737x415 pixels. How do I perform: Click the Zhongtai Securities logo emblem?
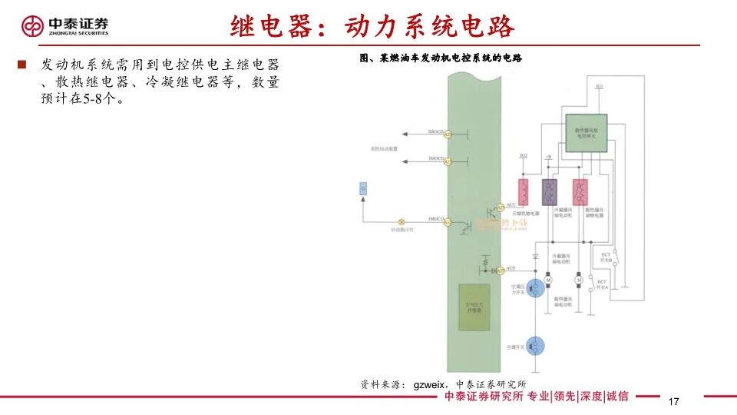tap(32, 26)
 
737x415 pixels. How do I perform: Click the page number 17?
tap(675, 402)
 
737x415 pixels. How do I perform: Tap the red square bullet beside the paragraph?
tap(22, 64)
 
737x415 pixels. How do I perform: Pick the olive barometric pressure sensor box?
tap(472, 307)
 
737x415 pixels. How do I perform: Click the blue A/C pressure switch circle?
tap(538, 287)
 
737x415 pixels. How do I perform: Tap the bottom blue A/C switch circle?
tap(538, 346)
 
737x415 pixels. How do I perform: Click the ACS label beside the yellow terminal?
tap(511, 267)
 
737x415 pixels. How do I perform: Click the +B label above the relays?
tap(548, 156)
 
